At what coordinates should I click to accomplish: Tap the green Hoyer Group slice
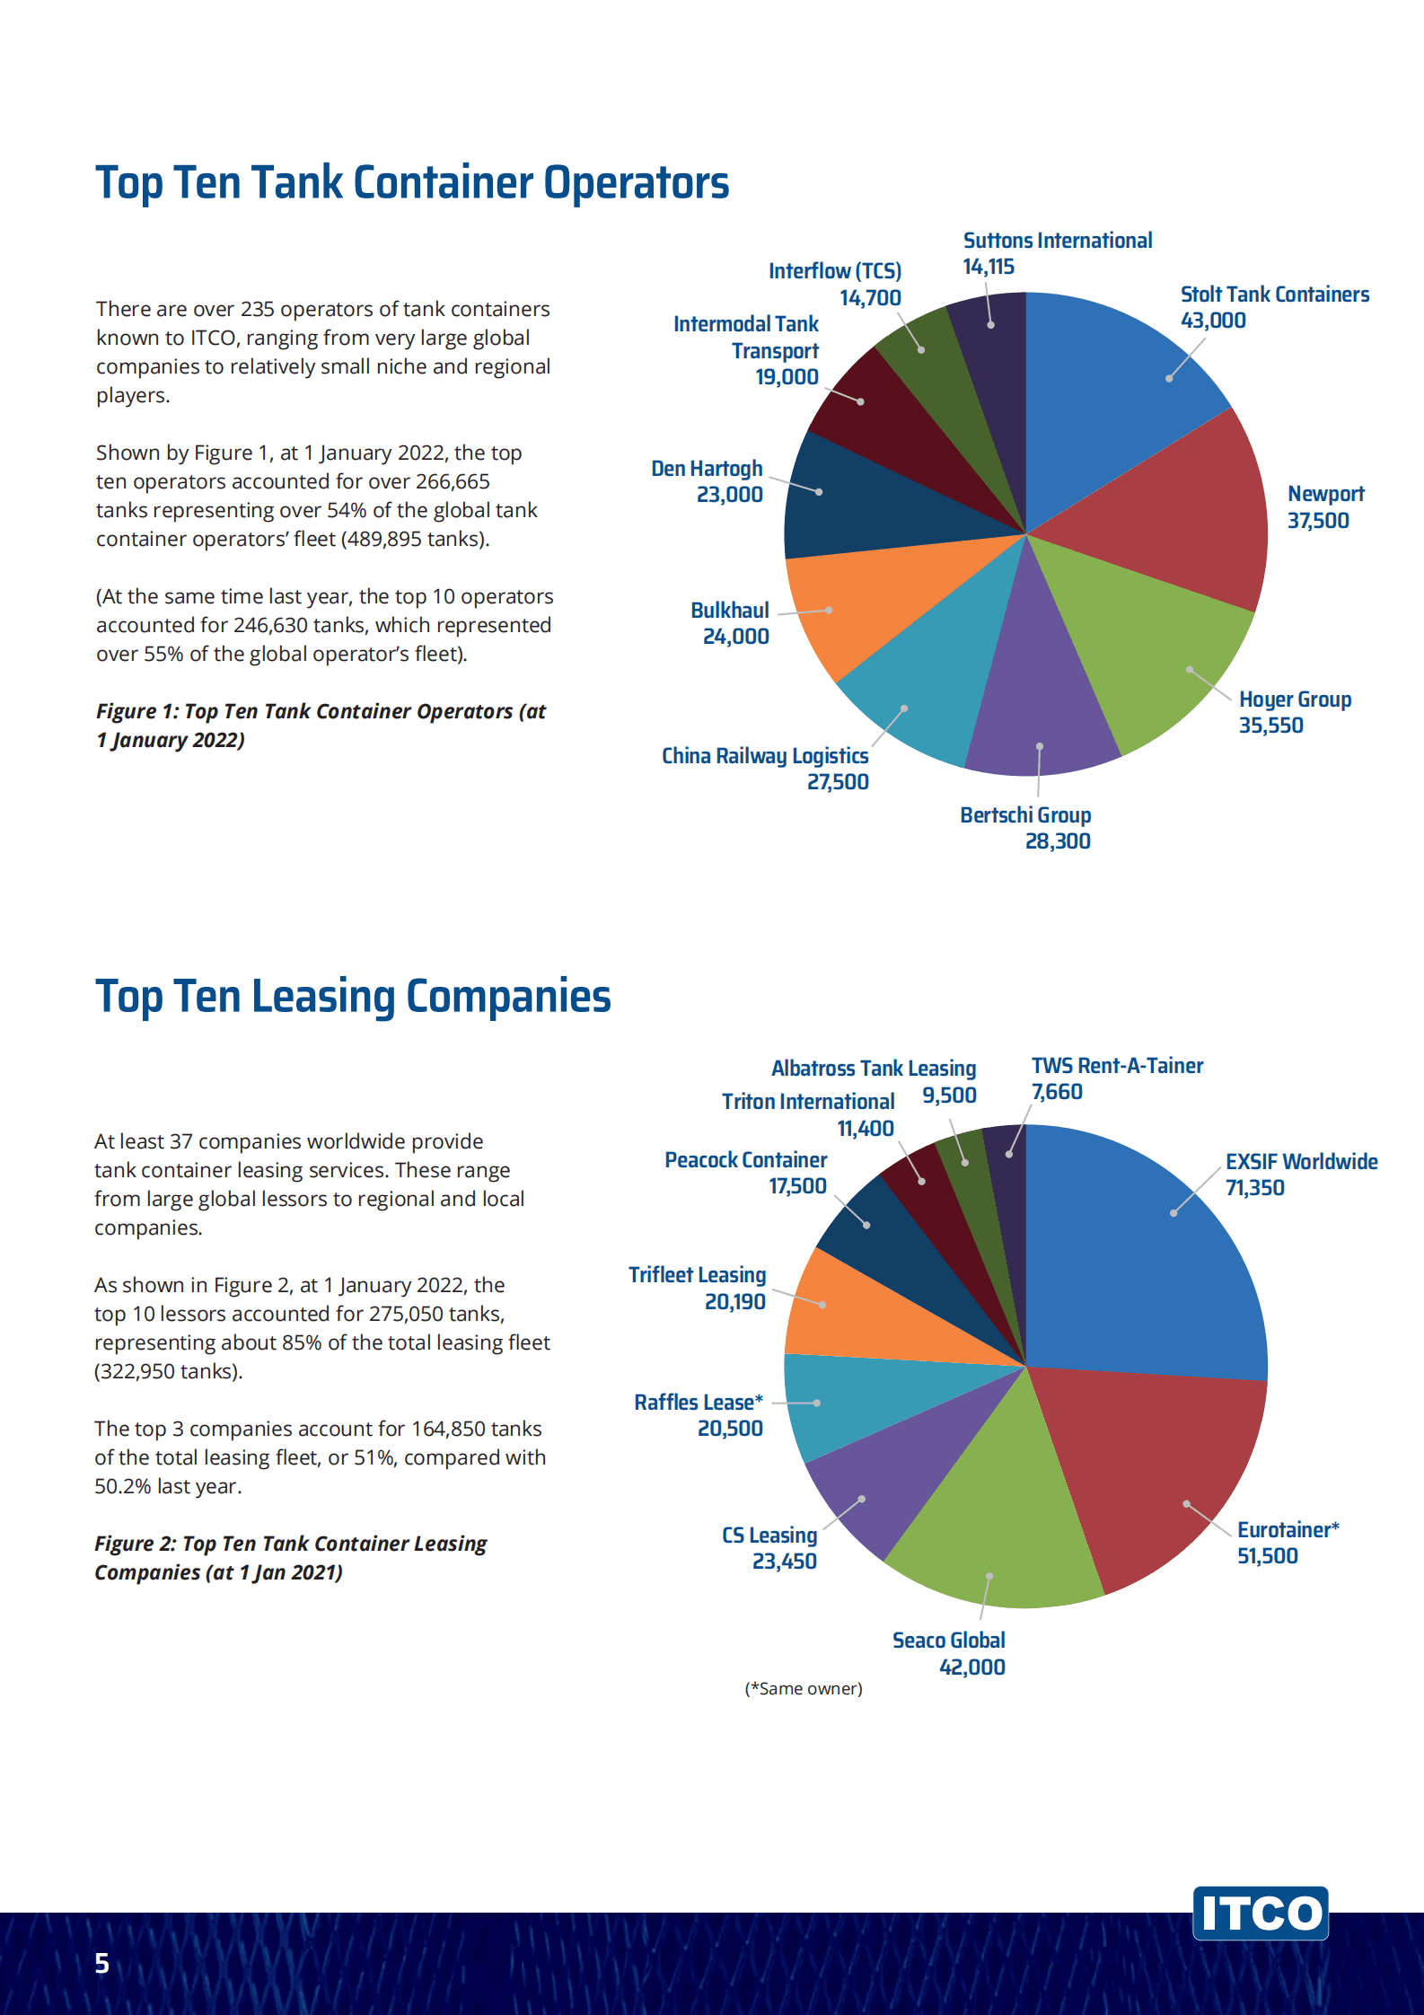[1149, 647]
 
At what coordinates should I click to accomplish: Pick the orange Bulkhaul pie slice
[862, 602]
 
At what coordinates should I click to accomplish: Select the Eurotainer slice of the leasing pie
[1158, 1473]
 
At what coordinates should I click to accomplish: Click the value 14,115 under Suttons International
[989, 267]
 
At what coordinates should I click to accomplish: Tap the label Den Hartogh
[707, 469]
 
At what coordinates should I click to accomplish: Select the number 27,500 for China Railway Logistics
[838, 782]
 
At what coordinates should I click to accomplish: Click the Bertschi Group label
[1025, 815]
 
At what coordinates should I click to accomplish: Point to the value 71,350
[1254, 1188]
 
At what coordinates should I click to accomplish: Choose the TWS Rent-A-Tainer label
[1117, 1066]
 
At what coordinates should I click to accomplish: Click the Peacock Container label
[745, 1160]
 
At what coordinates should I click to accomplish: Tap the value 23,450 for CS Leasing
[784, 1562]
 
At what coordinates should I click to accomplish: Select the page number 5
[102, 1964]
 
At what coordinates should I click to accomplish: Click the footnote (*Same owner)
[804, 1689]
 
